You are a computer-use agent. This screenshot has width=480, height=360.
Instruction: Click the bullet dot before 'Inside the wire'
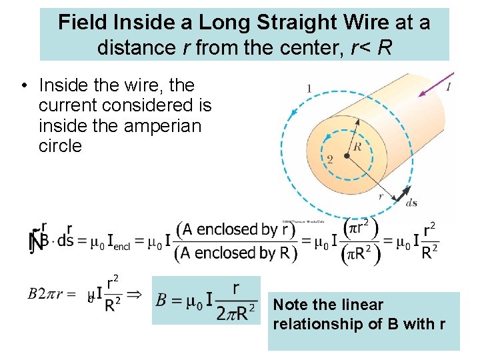coord(23,85)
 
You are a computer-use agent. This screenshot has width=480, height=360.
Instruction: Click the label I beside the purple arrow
coord(449,87)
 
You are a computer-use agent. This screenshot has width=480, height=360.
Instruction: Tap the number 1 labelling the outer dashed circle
coord(309,89)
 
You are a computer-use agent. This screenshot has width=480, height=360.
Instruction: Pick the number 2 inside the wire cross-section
coord(329,159)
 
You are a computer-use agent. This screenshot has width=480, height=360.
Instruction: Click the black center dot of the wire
coord(347,156)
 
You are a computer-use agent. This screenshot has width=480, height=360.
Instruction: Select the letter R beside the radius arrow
coord(357,147)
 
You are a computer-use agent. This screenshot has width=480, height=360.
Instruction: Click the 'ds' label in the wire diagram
coord(412,203)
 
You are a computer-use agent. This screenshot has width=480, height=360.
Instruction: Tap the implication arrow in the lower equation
coord(135,294)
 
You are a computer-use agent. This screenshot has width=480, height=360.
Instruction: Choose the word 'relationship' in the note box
coord(313,325)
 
